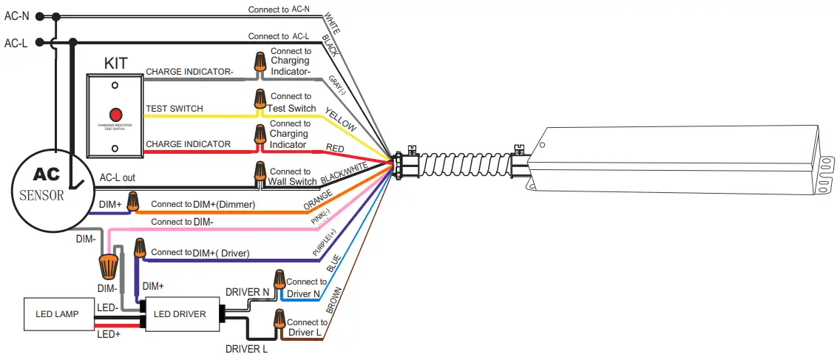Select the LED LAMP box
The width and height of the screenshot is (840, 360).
coord(58,314)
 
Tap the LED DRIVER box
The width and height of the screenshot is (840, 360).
coord(180,314)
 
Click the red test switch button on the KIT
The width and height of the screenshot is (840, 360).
coord(115,115)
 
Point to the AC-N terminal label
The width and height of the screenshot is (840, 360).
coord(16,16)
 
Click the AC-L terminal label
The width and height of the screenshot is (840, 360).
coord(16,43)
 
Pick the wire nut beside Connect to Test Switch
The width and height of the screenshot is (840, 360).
coord(260,99)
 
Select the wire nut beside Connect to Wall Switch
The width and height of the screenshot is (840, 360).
coord(260,172)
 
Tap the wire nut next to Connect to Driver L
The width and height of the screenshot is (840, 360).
coord(279,320)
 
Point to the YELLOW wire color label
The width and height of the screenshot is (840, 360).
coord(341,118)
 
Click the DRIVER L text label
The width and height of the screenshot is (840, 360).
coord(246,348)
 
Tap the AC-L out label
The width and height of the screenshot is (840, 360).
coord(118,178)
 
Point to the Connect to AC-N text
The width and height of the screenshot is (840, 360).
coord(279,9)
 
